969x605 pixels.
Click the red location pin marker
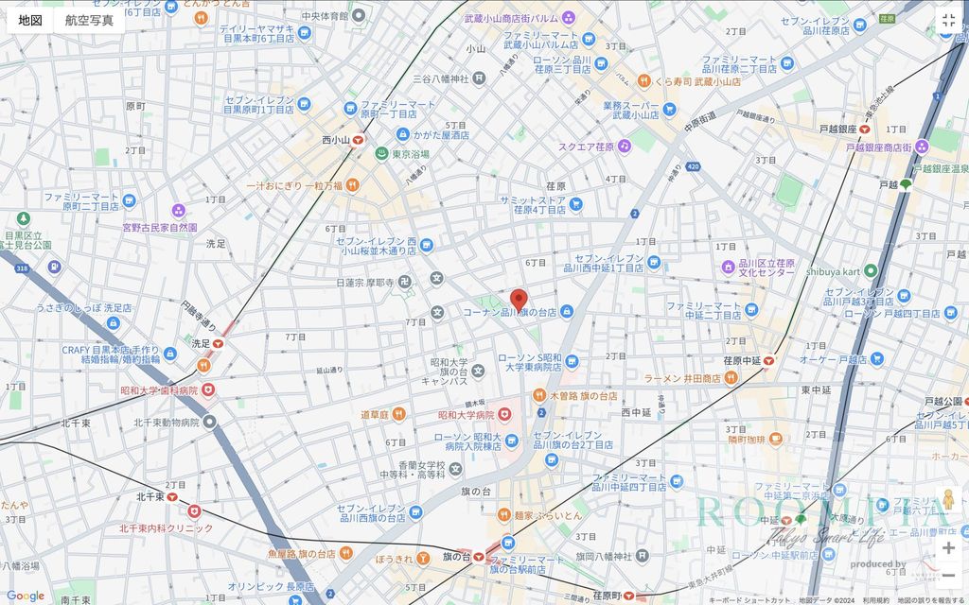pyautogui.click(x=518, y=300)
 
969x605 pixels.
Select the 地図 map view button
pyautogui.click(x=30, y=20)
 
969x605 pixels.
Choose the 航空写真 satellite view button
pyautogui.click(x=89, y=20)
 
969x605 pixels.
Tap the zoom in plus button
pyautogui.click(x=948, y=547)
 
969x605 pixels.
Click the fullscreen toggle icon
pyautogui.click(x=948, y=20)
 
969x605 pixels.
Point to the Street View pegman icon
pyautogui.click(x=948, y=500)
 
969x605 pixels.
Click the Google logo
pyautogui.click(x=25, y=596)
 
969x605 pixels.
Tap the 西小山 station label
pyautogui.click(x=336, y=140)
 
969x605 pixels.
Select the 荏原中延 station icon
pyautogui.click(x=769, y=359)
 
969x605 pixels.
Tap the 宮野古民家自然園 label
pyautogui.click(x=159, y=228)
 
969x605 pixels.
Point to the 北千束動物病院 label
pyautogui.click(x=167, y=423)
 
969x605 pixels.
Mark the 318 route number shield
pyautogui.click(x=21, y=268)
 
